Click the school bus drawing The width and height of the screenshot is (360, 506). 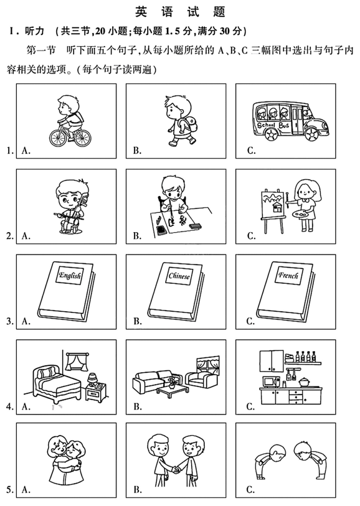290,121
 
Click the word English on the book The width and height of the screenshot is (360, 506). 70,275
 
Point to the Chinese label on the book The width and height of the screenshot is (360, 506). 179,276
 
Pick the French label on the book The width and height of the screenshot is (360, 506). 288,276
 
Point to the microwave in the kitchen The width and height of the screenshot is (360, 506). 271,382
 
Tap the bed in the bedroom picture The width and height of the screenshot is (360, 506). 56,382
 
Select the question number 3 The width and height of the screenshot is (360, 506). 10,321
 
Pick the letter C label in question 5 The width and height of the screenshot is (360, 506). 251,490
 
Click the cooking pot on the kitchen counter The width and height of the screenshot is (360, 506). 305,382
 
